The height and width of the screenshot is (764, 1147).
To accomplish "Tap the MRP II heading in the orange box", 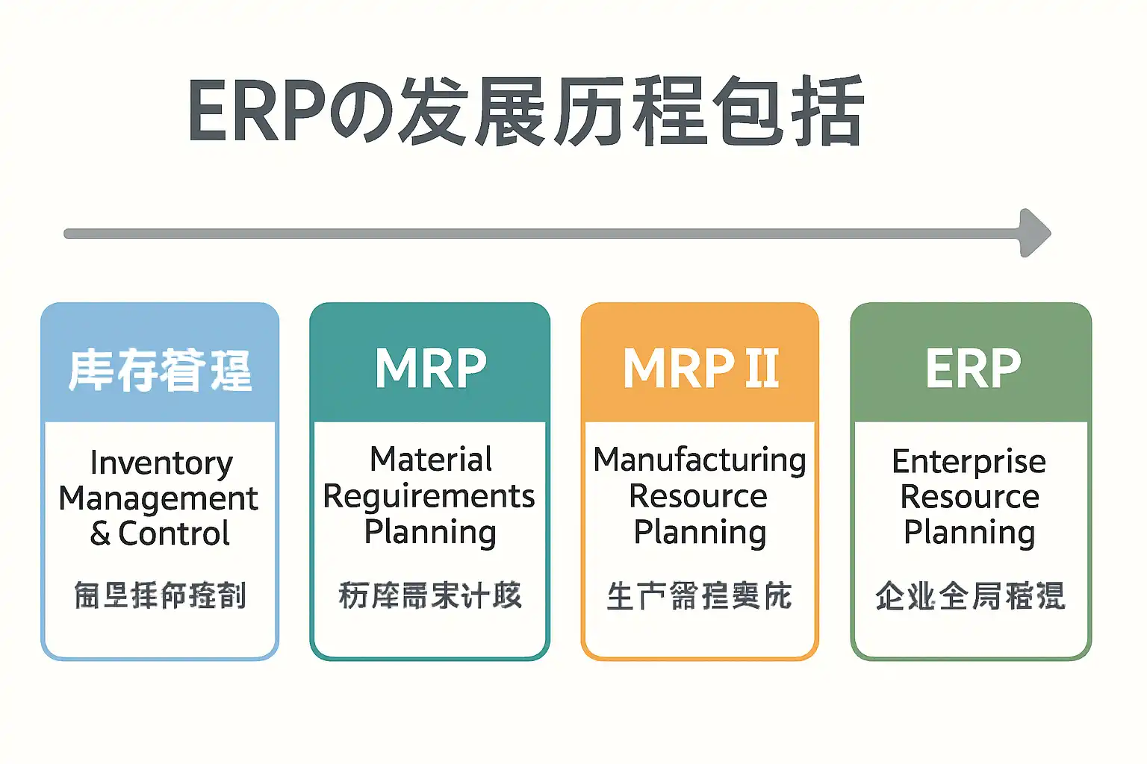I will pyautogui.click(x=700, y=369).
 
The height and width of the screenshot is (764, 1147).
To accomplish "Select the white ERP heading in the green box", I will pyautogui.click(x=972, y=369).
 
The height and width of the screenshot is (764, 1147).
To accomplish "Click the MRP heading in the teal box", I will pyautogui.click(x=431, y=369).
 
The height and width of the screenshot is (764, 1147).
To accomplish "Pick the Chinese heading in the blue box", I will pyautogui.click(x=160, y=370).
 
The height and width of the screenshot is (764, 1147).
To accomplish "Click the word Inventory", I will pyautogui.click(x=161, y=463).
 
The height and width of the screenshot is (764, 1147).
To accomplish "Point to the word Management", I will pyautogui.click(x=158, y=498).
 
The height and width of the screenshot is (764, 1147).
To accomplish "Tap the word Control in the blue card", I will pyautogui.click(x=174, y=533).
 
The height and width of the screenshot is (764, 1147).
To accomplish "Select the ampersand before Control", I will pyautogui.click(x=100, y=533).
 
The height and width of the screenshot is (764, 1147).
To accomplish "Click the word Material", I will pyautogui.click(x=431, y=459).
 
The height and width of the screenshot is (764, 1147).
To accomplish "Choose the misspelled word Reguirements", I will pyautogui.click(x=429, y=496).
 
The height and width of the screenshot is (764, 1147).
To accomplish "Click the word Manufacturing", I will pyautogui.click(x=700, y=460).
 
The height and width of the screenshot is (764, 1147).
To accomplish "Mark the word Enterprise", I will pyautogui.click(x=969, y=462).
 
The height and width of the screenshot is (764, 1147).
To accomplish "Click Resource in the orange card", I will pyautogui.click(x=698, y=496).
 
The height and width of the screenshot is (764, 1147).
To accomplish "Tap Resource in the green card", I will pyautogui.click(x=969, y=497).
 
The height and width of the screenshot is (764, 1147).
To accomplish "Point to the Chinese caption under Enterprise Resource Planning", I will pyautogui.click(x=970, y=596).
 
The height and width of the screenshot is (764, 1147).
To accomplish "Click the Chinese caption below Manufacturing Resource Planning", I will pyautogui.click(x=699, y=596).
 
